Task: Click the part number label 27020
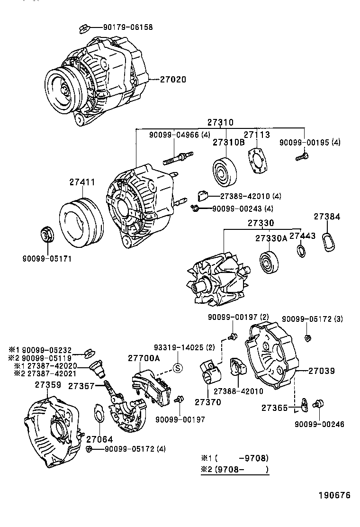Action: point(173,80)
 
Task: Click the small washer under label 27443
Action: point(300,250)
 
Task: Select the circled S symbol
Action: point(178,368)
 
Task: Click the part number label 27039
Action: point(322,371)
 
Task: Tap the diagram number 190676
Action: point(333,495)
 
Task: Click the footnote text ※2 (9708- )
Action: point(235,470)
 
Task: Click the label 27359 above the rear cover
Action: point(47,385)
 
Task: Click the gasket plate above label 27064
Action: point(99,413)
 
